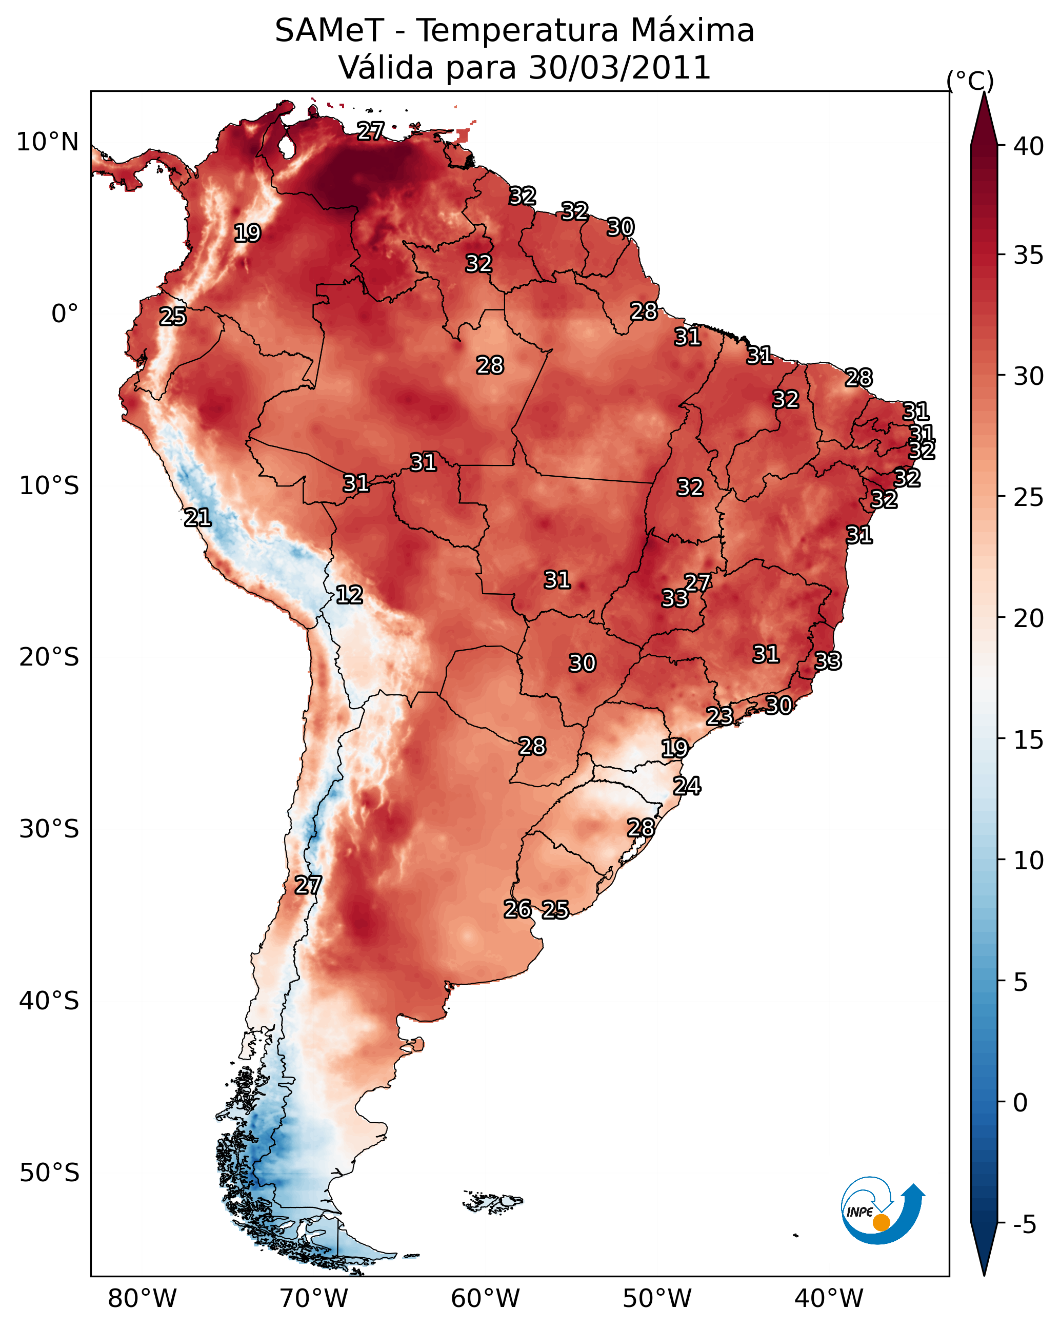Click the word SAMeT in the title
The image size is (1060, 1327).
[x=330, y=31]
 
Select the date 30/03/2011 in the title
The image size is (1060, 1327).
[x=619, y=68]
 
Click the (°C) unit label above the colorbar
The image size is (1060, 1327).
[x=970, y=81]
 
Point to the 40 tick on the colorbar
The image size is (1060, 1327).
[x=1029, y=146]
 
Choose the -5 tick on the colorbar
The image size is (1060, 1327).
[x=1024, y=1225]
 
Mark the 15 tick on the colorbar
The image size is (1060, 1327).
[x=1029, y=740]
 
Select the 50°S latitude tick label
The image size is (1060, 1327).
[x=49, y=1173]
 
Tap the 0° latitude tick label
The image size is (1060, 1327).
[x=65, y=314]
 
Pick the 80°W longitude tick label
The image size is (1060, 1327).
[x=142, y=1298]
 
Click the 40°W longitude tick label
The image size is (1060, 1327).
[x=829, y=1298]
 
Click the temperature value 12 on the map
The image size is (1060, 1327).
[x=349, y=595]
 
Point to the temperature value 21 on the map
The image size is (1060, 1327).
[x=197, y=518]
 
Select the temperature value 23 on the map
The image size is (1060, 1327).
[x=719, y=716]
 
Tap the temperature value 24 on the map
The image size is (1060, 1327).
[x=687, y=786]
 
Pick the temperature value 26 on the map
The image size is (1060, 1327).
[x=517, y=909]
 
